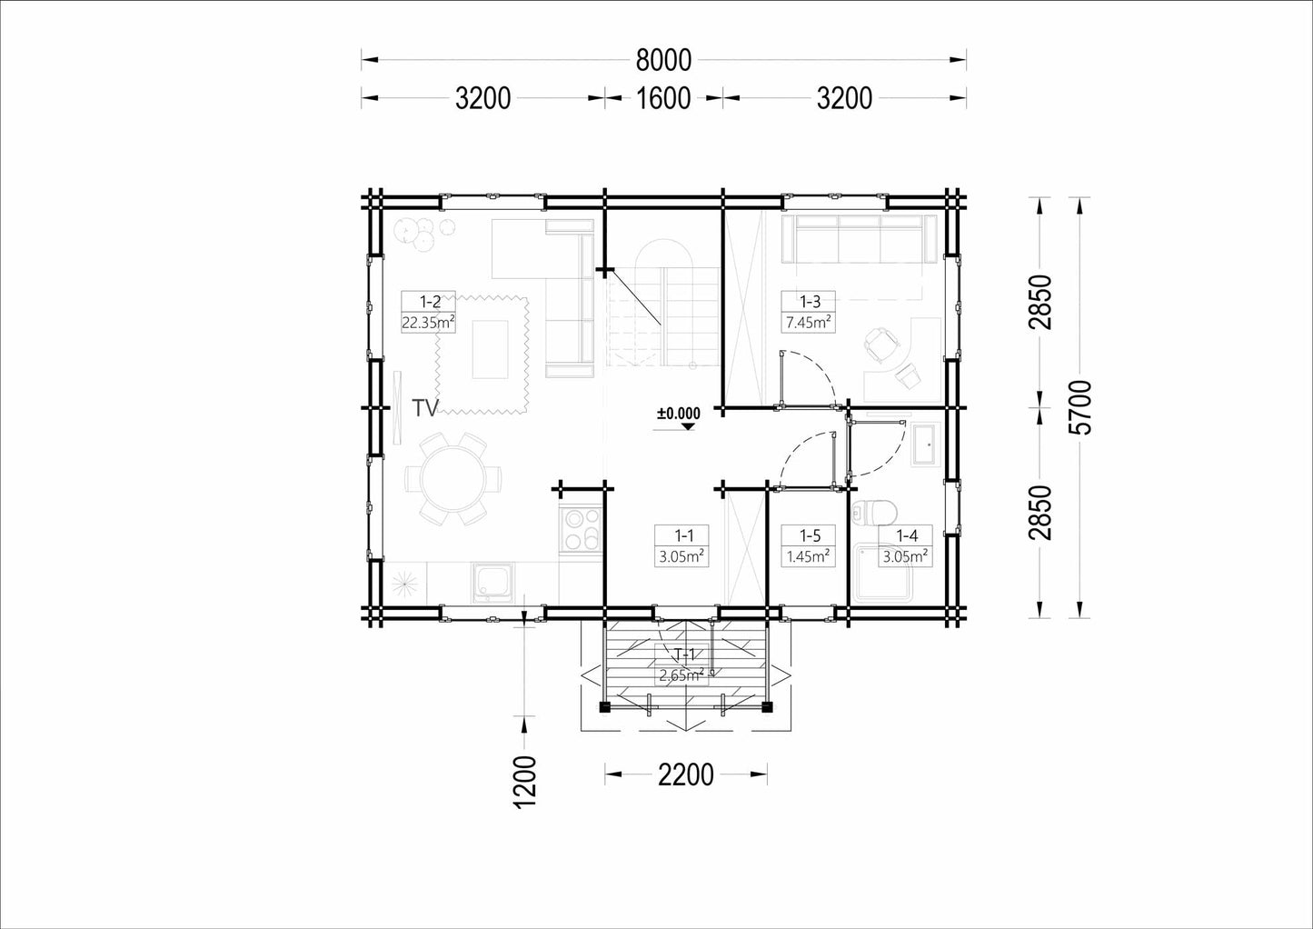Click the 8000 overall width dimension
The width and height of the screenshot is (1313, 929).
point(663,60)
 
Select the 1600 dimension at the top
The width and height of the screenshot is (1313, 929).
point(663,98)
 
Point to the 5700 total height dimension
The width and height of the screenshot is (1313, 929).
point(1081,407)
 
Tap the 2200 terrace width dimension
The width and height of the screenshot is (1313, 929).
point(686,774)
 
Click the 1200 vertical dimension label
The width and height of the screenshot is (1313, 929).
point(525,783)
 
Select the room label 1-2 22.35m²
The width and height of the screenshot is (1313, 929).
point(429,312)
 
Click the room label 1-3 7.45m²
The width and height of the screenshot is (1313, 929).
point(809,312)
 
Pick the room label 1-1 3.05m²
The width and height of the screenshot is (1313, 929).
point(681,545)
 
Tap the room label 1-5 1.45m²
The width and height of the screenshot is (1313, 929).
point(809,545)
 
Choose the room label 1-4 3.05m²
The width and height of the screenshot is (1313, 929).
point(905,545)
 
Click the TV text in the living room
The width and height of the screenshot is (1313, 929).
point(425,408)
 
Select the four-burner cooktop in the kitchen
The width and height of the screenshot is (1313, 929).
point(581,530)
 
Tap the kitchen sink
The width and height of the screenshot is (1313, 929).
point(493,583)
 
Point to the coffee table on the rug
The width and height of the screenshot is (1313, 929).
point(490,350)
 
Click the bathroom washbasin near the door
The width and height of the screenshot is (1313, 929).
point(925,445)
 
